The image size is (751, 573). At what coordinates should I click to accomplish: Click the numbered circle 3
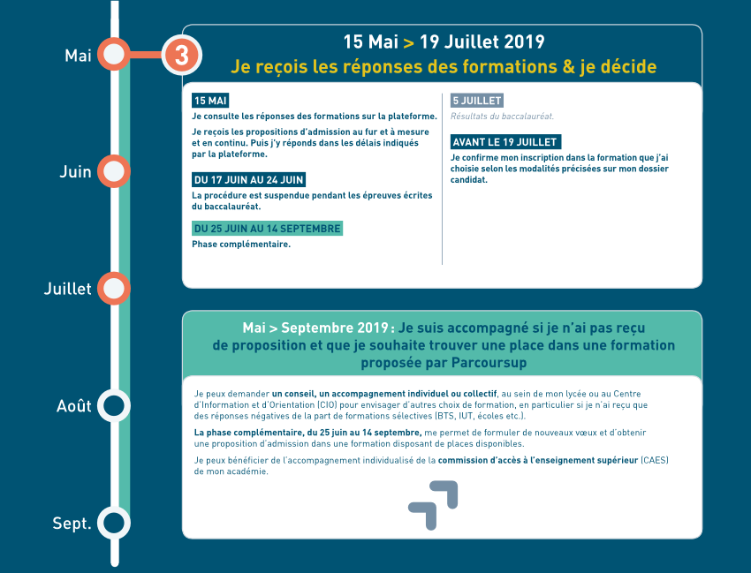click(181, 55)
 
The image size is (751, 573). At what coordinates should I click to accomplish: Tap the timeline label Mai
click(79, 56)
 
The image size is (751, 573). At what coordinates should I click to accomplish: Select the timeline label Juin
click(76, 172)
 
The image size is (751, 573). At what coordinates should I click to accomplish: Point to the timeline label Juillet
click(68, 289)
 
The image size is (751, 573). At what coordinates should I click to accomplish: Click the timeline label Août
click(74, 406)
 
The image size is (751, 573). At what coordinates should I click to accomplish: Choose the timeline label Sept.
click(72, 524)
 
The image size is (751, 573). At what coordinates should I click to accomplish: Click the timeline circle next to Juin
click(114, 170)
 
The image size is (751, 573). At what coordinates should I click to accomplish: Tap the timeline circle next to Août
click(114, 405)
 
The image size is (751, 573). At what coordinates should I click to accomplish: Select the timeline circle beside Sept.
click(114, 523)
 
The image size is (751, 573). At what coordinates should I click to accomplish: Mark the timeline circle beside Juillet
click(114, 288)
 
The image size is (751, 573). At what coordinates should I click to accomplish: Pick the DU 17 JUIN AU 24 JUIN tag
click(249, 180)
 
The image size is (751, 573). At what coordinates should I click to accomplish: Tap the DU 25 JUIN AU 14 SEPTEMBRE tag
click(267, 229)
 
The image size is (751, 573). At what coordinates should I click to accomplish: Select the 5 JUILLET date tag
click(477, 101)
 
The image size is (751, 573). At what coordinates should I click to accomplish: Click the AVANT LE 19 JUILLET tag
click(505, 142)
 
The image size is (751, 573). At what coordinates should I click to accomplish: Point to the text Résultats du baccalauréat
click(502, 117)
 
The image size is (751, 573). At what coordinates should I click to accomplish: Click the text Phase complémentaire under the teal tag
click(241, 245)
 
